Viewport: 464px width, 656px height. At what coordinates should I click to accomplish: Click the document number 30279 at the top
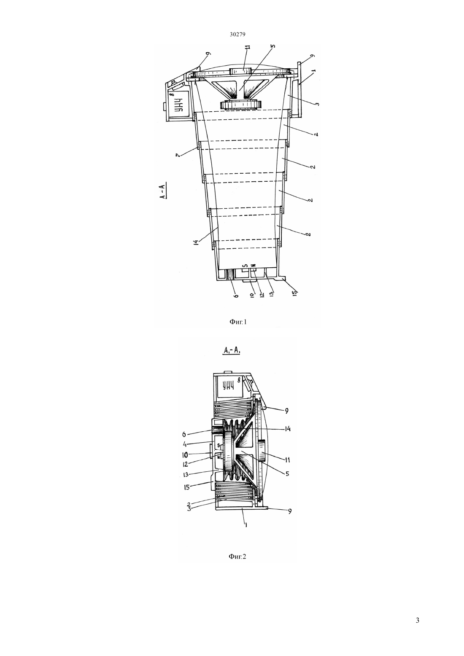237,34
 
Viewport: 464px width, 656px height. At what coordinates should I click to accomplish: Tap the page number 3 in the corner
418,621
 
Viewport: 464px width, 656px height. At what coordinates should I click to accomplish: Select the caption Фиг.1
238,322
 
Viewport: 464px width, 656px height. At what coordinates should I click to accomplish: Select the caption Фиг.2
237,557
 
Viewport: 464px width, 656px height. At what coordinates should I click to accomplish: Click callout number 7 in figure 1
178,154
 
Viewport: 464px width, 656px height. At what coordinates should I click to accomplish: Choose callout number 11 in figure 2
287,460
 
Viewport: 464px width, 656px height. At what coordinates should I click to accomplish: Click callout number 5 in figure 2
287,473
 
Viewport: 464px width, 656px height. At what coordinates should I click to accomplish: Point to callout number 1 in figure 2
246,525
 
